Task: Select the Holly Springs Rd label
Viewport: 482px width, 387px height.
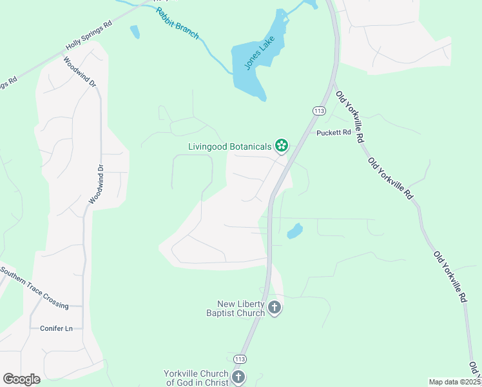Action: tap(89, 36)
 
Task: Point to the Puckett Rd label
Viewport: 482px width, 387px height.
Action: tap(333, 133)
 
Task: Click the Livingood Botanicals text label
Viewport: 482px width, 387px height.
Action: tap(229, 146)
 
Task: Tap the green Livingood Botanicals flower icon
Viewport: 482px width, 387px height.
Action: tap(281, 146)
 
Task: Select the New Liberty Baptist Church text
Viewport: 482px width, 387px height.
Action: tap(241, 308)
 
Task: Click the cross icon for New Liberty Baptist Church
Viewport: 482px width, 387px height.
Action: tap(274, 308)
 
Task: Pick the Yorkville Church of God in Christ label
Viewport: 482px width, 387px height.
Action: tap(196, 378)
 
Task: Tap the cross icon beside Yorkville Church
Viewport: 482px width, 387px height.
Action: tap(238, 377)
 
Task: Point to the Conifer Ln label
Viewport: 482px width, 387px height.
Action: tap(56, 328)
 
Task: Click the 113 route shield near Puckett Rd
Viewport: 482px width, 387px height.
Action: tap(318, 111)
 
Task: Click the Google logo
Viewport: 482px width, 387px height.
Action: tap(21, 379)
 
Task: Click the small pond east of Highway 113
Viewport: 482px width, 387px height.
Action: tap(294, 230)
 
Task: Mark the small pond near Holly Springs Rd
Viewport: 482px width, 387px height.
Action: tap(134, 31)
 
